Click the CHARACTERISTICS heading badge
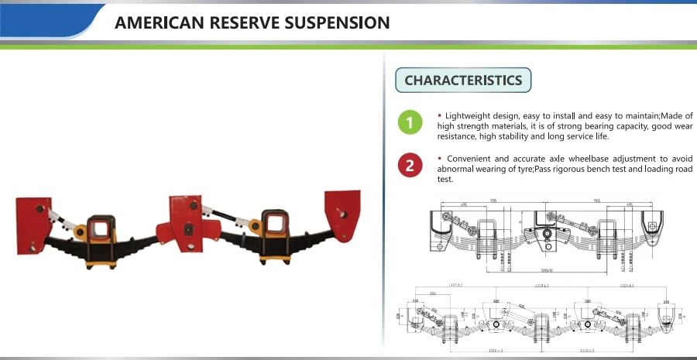pos(463,80)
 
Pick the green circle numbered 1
pos(410,122)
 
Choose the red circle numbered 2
pos(410,165)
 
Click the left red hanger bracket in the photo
pos(33,225)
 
